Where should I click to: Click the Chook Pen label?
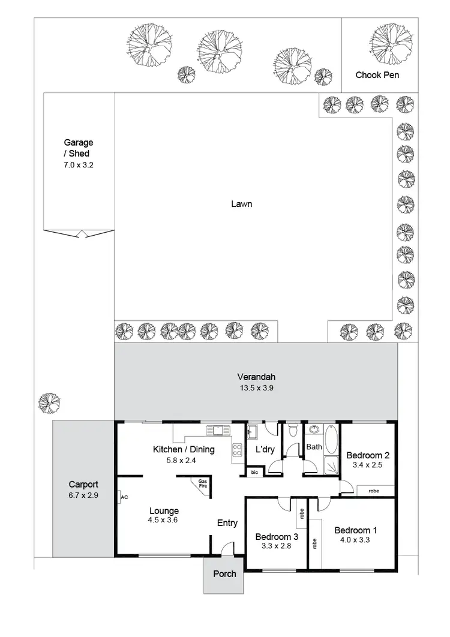pyautogui.click(x=377, y=75)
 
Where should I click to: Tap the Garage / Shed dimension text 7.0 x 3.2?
pyautogui.click(x=79, y=164)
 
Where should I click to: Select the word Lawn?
pyautogui.click(x=241, y=204)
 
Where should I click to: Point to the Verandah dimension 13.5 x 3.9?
pyautogui.click(x=256, y=388)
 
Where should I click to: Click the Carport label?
pyautogui.click(x=83, y=484)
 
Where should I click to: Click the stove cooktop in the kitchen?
pyautogui.click(x=236, y=450)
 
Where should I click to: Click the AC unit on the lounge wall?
pyautogui.click(x=122, y=497)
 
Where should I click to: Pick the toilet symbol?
pyautogui.click(x=293, y=430)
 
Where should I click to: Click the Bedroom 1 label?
pyautogui.click(x=356, y=530)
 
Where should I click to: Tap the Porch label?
pyautogui.click(x=224, y=573)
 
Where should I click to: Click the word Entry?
pyautogui.click(x=227, y=523)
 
